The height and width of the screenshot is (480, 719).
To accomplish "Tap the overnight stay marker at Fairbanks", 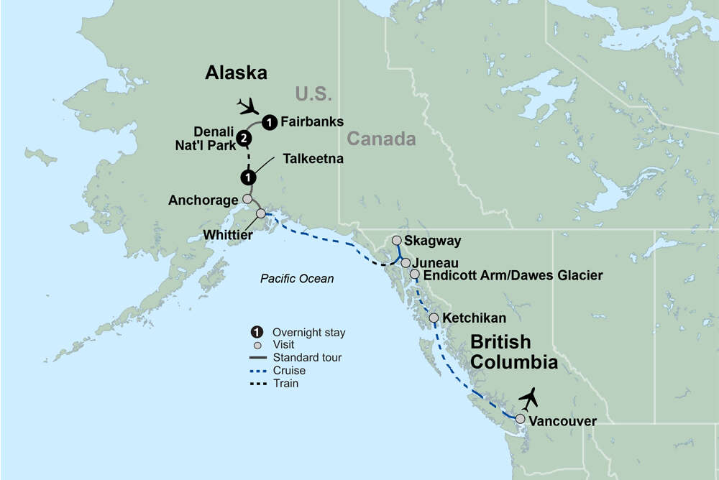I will coord(269,121).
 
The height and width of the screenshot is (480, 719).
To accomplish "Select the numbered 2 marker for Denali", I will coord(245,138).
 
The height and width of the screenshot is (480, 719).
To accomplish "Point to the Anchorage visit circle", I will coord(247,198).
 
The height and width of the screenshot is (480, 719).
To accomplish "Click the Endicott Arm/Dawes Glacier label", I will coord(513,275).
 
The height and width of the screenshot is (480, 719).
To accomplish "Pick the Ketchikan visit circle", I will coord(434,318).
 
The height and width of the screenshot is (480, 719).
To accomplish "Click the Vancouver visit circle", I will coord(520,418).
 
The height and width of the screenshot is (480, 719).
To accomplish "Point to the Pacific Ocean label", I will coord(297,279).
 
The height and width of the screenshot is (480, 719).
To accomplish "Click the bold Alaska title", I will coord(236,73).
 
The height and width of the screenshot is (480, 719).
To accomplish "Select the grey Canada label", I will coord(380,139).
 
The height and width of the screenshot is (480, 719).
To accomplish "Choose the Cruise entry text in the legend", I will coord(289,371).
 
